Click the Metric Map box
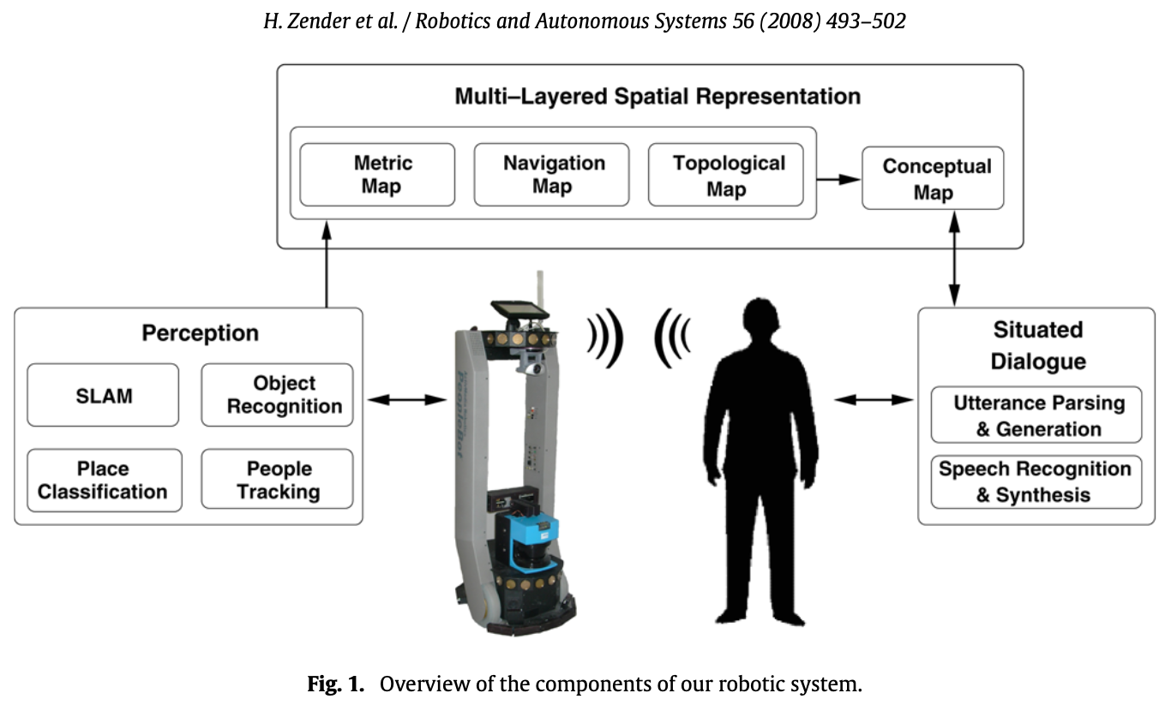[377, 175]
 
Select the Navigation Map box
[551, 175]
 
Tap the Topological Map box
[726, 175]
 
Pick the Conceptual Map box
[933, 178]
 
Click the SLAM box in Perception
[103, 395]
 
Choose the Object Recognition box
[277, 395]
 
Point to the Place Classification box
[103, 480]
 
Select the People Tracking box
[277, 480]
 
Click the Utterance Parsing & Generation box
[1036, 415]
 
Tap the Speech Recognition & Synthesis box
[1036, 481]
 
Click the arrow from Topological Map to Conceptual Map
[838, 178]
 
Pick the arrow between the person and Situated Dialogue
[874, 399]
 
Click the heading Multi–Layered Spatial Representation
[658, 96]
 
